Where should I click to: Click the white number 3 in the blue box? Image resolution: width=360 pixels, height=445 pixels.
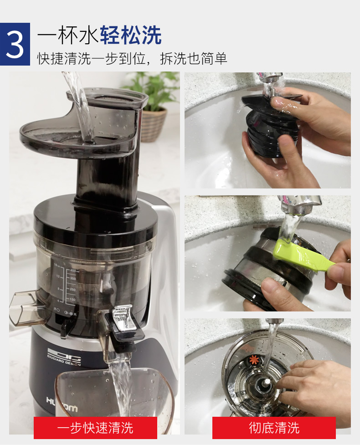[x=15, y=44]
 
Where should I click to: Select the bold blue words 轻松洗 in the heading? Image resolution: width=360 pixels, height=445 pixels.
[x=131, y=36]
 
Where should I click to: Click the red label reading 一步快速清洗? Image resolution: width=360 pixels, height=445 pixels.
[x=95, y=428]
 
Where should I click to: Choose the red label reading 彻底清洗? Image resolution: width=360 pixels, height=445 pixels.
[x=274, y=428]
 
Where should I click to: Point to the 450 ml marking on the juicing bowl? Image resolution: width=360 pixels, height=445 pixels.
[x=73, y=271]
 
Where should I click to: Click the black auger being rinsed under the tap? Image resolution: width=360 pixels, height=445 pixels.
[x=269, y=130]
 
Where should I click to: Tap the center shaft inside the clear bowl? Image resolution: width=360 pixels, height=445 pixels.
[x=263, y=385]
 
